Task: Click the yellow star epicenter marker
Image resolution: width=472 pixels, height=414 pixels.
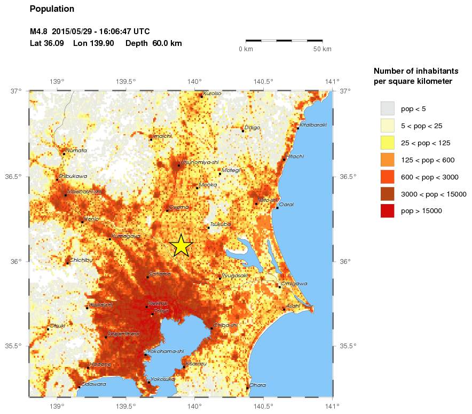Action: pos(181,245)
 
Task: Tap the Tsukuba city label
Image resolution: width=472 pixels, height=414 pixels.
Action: pos(221,224)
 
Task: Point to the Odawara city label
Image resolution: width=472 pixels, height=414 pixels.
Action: pos(94,384)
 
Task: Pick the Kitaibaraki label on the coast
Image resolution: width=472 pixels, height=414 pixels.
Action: pos(313,125)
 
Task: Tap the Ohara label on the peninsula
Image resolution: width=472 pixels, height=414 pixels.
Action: pos(257,385)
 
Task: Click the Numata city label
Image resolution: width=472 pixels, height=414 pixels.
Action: pos(76,151)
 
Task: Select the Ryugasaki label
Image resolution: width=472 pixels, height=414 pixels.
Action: pos(235,275)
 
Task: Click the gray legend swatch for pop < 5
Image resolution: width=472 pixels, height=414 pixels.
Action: pos(387,108)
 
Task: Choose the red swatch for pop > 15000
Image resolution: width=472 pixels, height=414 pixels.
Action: pos(387,211)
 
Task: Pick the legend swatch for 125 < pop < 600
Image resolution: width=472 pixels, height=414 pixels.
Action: pos(387,160)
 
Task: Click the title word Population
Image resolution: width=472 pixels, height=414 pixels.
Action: pos(52,9)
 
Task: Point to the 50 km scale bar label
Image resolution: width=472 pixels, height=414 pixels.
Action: pos(322,49)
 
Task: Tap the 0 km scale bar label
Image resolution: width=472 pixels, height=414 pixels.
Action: pos(246,49)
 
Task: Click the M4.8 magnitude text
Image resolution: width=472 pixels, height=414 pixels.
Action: pos(40,32)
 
